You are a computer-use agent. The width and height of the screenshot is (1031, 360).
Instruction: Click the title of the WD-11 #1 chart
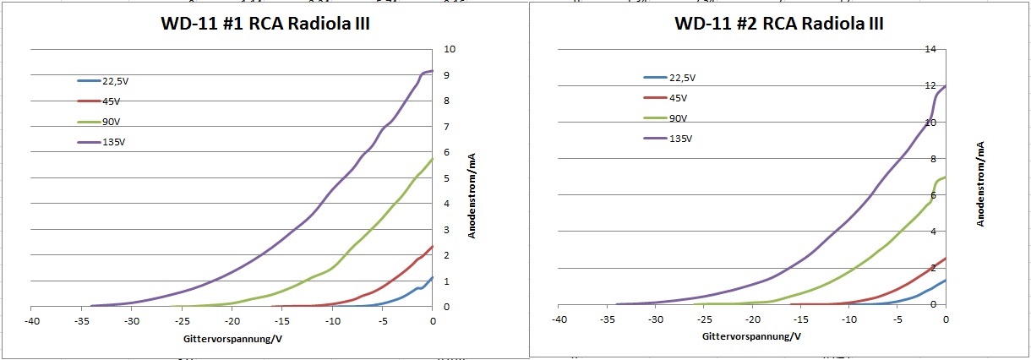pos(265,25)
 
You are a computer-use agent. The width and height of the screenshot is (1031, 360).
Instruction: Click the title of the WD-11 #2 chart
pos(778,24)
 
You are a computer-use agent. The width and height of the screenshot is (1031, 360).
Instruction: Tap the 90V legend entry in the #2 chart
pos(678,118)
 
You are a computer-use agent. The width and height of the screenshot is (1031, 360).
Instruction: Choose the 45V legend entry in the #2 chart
pos(678,98)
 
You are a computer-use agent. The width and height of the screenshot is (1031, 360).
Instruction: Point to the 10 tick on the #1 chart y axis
pos(450,50)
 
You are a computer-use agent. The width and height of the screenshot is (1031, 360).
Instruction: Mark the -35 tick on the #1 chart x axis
pos(82,321)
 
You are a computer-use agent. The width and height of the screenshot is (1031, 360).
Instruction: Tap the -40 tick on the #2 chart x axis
pos(559,320)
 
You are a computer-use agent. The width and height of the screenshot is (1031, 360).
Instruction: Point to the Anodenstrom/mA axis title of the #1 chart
pos(472,195)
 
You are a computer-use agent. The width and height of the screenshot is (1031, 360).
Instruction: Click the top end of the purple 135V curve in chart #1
pos(432,71)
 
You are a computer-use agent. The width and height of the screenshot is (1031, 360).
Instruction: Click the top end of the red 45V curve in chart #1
pos(432,247)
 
